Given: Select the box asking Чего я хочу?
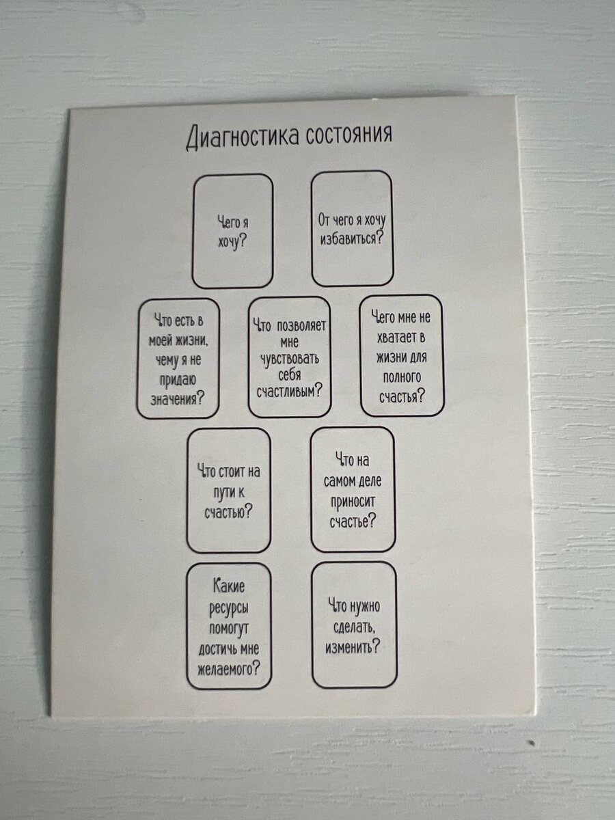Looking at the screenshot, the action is click(232, 231).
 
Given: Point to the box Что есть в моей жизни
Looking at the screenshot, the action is click(178, 357).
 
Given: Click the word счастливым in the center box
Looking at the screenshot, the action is click(286, 391).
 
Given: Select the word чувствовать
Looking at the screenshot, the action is click(290, 358).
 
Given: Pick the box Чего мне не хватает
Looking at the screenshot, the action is click(402, 355).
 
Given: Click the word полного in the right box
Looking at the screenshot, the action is click(402, 377).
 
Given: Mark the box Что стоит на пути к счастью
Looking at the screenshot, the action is click(229, 490).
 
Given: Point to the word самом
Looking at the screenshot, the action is click(340, 481).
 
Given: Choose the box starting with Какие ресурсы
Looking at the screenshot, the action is click(229, 625).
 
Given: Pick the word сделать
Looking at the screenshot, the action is click(353, 626).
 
